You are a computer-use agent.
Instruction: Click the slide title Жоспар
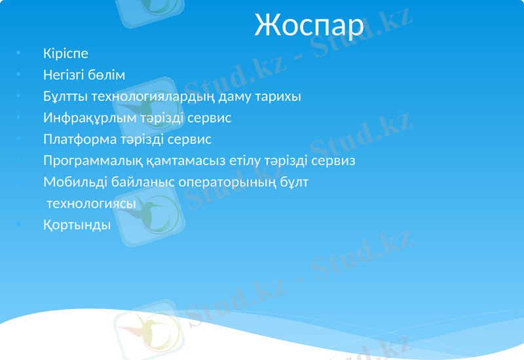pos(309,26)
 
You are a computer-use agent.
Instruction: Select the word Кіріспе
pos(65,53)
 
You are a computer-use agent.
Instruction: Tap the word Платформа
pos(77,139)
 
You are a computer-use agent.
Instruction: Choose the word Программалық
pos(90,160)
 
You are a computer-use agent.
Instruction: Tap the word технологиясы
pos(91,204)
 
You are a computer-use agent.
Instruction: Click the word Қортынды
pos(77,225)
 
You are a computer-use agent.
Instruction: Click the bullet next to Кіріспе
pos(20,53)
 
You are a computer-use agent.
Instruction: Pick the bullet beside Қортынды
pos(20,225)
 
